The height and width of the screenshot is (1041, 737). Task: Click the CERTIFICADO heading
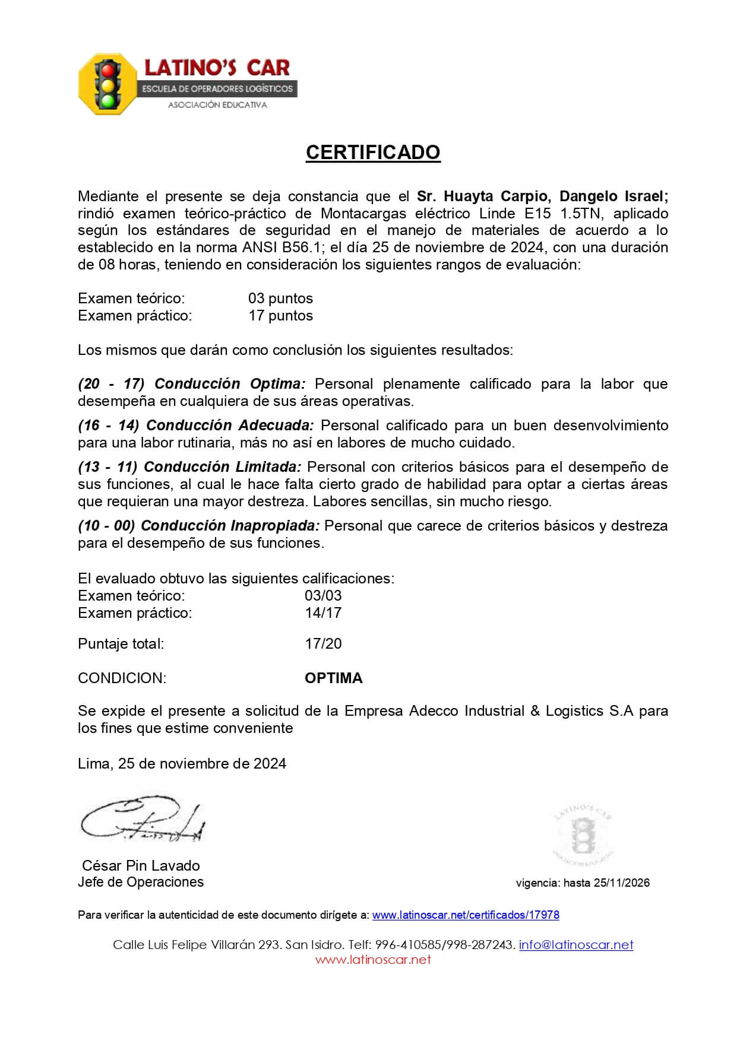coord(372,153)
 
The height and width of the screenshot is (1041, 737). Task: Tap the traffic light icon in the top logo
coord(107,84)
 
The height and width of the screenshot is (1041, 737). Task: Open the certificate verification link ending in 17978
coord(466,915)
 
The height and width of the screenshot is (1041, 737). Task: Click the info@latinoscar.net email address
coord(575,944)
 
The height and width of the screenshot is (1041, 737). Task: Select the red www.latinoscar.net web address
coord(372,959)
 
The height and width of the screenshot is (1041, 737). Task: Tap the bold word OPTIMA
coord(333,678)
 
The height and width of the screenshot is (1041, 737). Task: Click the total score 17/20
coord(323,643)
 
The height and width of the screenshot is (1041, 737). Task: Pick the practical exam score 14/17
coord(323,612)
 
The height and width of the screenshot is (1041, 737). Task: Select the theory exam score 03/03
coord(323,595)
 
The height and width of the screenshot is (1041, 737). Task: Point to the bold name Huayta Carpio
coord(495,196)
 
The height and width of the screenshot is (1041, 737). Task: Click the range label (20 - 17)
coord(111,384)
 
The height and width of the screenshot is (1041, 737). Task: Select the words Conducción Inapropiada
coord(230,526)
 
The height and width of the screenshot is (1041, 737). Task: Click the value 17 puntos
coord(280,315)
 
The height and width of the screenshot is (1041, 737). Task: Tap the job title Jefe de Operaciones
coord(141,882)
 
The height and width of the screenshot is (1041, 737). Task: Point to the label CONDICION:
coord(122,678)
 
